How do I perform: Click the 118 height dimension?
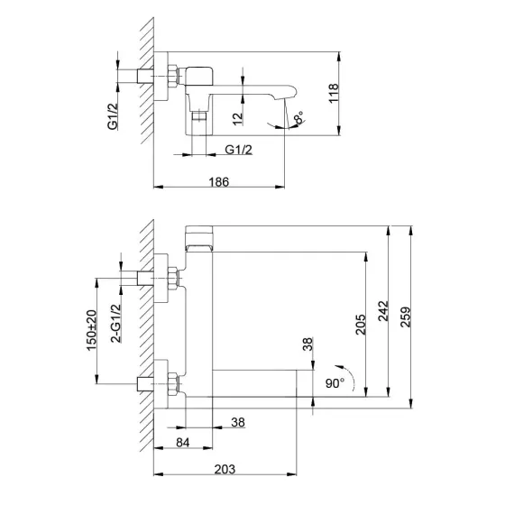tap(334, 93)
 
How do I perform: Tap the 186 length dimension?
tap(219, 182)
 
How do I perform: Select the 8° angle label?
tap(299, 117)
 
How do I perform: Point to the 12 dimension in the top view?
tap(237, 119)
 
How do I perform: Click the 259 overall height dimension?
tap(406, 317)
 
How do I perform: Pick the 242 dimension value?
tap(383, 311)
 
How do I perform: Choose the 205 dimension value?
tap(361, 325)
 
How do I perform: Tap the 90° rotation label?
tap(335, 383)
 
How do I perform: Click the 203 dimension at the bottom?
tap(225, 469)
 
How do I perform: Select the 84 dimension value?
tap(183, 443)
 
